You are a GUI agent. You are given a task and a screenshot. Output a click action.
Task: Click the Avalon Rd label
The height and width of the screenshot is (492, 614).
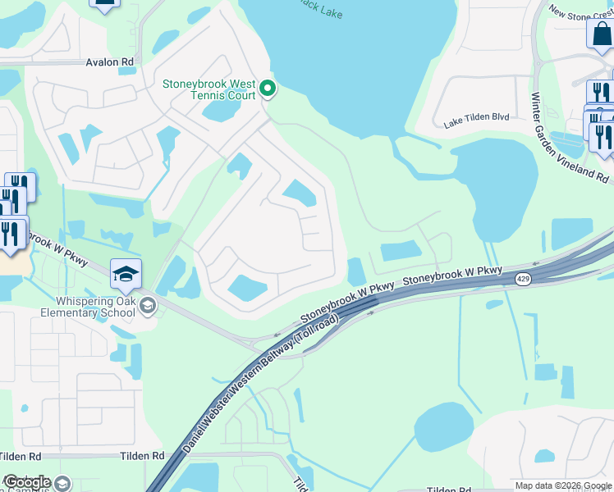pyautogui.click(x=110, y=61)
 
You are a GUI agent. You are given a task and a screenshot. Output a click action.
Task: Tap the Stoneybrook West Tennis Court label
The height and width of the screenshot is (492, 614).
pyautogui.click(x=208, y=89)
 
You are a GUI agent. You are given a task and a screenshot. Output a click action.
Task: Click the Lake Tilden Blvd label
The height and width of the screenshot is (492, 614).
pyautogui.click(x=477, y=118)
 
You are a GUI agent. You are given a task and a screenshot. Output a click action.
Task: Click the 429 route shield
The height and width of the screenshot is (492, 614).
pyautogui.click(x=522, y=280)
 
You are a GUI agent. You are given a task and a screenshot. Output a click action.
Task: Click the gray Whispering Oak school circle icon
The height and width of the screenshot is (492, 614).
pyautogui.click(x=147, y=307)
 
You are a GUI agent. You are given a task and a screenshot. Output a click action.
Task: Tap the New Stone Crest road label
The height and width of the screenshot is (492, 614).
pyautogui.click(x=580, y=14)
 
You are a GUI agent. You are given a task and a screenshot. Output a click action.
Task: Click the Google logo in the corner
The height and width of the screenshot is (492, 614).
pyautogui.click(x=27, y=482)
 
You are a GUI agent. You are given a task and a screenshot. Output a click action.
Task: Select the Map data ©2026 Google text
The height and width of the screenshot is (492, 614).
pyautogui.click(x=563, y=485)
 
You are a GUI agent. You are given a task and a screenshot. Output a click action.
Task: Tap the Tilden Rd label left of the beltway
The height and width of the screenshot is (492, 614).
pyautogui.click(x=141, y=456)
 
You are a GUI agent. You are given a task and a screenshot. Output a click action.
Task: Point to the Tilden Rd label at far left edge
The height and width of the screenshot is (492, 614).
pyautogui.click(x=20, y=456)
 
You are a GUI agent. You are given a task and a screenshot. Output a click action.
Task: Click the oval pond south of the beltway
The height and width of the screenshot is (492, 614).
pyautogui.click(x=443, y=426)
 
